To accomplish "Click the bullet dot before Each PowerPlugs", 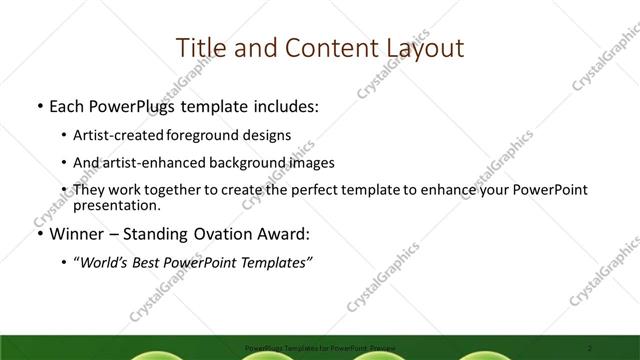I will [x=38, y=105].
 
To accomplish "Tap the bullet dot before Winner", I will [x=38, y=235].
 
